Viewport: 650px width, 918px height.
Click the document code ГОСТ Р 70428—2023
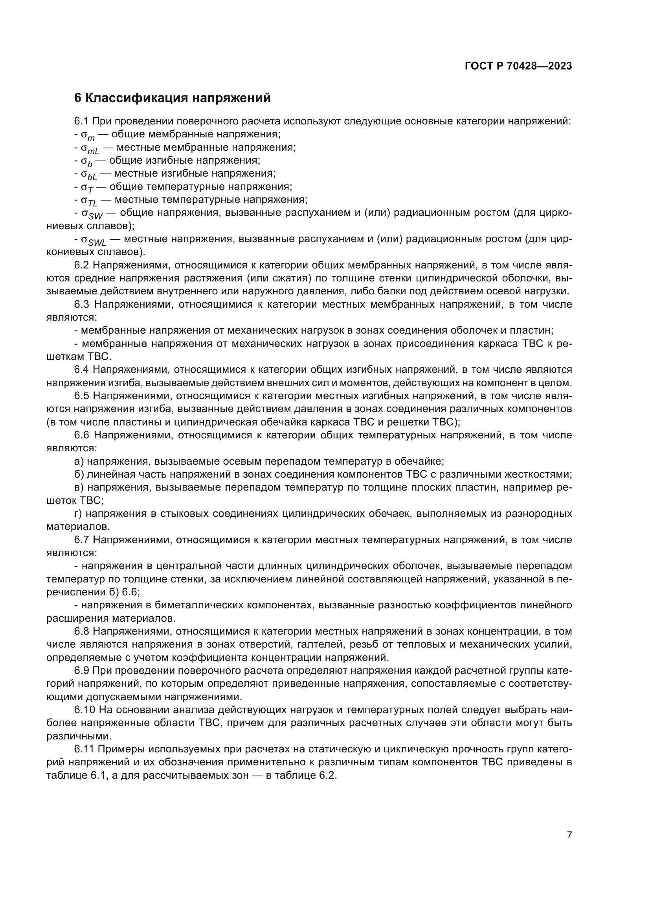click(518, 66)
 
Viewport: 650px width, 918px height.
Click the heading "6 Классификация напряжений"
click(173, 98)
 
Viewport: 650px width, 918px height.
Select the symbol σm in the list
click(88, 135)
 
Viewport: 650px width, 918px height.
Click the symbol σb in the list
click(87, 162)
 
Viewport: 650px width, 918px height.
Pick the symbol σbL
click(89, 175)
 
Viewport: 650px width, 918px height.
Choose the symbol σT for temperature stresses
click(87, 188)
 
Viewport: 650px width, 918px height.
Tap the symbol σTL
click(89, 201)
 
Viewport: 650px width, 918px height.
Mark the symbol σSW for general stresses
click(92, 214)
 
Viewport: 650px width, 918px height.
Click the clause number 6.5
click(82, 396)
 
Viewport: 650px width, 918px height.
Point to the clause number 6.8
click(82, 631)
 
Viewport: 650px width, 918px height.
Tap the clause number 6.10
click(84, 710)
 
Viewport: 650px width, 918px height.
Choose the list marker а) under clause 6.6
click(79, 462)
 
